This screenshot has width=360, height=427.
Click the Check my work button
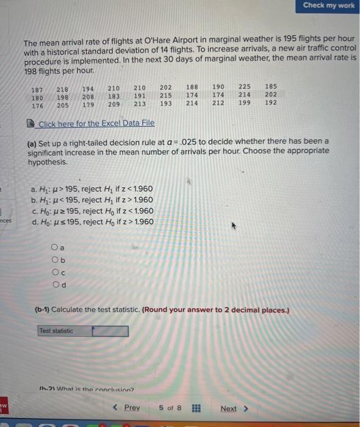click(x=328, y=5)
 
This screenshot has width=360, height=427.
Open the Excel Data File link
click(x=96, y=124)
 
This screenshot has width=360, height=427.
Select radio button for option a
click(x=56, y=248)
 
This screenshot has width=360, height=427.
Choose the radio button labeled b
click(x=56, y=259)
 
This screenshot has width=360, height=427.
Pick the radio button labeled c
click(x=56, y=271)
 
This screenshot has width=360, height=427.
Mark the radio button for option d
click(x=56, y=284)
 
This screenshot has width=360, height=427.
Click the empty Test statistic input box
click(x=110, y=331)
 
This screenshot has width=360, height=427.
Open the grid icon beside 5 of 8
click(x=196, y=408)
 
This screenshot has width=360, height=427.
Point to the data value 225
click(x=244, y=87)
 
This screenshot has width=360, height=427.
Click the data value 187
click(x=37, y=90)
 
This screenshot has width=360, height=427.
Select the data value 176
click(x=37, y=105)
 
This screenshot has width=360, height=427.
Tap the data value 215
click(x=165, y=95)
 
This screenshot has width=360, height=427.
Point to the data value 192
click(x=271, y=102)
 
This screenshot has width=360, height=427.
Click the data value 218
click(x=62, y=90)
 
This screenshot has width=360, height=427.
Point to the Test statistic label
click(x=56, y=331)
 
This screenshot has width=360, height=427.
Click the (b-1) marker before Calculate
click(x=41, y=309)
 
